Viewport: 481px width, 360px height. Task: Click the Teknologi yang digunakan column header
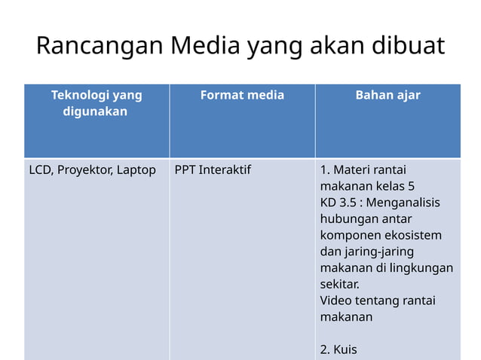tap(97, 103)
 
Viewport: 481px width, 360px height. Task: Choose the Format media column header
tap(242, 95)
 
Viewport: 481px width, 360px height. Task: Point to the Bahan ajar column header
tap(388, 95)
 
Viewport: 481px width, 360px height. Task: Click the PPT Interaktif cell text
tap(213, 169)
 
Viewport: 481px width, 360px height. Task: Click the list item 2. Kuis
tap(339, 349)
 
